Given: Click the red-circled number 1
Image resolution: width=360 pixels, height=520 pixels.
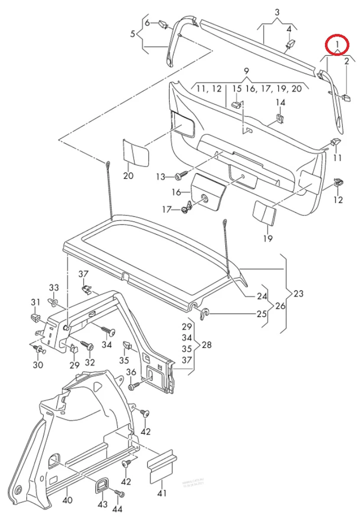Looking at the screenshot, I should [x=337, y=44].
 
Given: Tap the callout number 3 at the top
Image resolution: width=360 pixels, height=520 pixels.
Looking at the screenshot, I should [x=277, y=13].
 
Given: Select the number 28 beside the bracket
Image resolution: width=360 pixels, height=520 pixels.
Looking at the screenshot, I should [x=207, y=345].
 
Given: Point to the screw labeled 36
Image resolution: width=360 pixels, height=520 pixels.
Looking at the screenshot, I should [x=133, y=385].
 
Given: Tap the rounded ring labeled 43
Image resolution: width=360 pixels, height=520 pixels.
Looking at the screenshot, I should [x=102, y=486].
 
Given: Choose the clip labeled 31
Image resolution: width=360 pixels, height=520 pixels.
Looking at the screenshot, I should [x=34, y=318].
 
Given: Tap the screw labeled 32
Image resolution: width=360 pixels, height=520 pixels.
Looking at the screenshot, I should [x=90, y=347].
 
